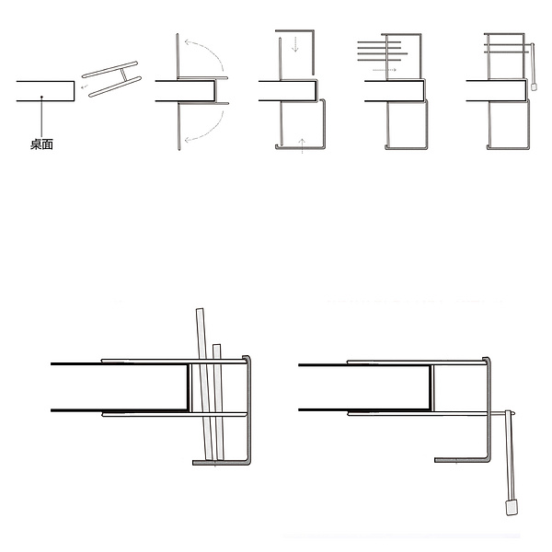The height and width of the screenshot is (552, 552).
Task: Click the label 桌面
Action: (x=41, y=144)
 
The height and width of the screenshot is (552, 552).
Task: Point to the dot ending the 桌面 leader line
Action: (x=41, y=97)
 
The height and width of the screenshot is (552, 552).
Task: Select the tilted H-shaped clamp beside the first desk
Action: (x=111, y=79)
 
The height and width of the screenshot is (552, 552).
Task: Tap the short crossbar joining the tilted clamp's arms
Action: (x=123, y=75)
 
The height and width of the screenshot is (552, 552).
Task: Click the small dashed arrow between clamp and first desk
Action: (x=84, y=86)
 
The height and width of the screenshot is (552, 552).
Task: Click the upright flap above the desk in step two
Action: (x=178, y=55)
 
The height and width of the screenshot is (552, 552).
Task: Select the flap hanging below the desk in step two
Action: (x=179, y=126)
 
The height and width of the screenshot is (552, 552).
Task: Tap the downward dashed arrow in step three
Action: (x=295, y=43)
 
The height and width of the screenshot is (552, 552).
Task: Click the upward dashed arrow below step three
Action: (x=302, y=146)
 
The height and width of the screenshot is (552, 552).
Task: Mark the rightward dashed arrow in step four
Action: (x=385, y=70)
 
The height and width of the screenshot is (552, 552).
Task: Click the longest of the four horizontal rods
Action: (x=383, y=54)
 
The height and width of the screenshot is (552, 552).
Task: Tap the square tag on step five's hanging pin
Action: (x=534, y=86)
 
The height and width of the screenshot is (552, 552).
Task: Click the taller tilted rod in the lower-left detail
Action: (x=204, y=385)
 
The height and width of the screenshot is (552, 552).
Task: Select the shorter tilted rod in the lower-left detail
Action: (x=218, y=402)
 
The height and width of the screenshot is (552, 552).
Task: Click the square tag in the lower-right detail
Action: (x=512, y=507)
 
